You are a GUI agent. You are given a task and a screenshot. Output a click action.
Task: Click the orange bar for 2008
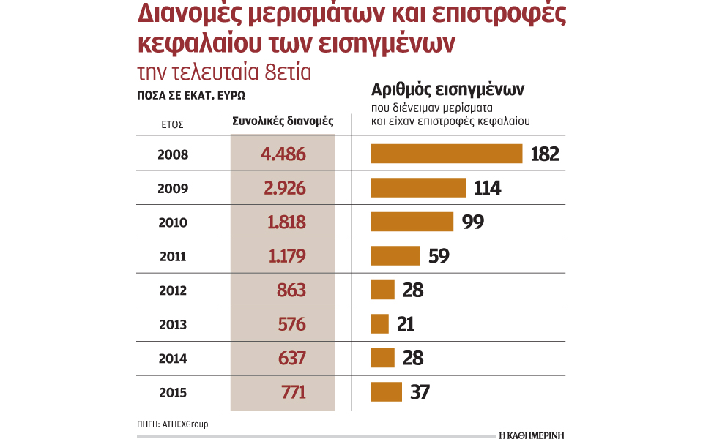tap(446, 154)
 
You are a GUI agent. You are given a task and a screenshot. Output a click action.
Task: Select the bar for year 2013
tap(379, 323)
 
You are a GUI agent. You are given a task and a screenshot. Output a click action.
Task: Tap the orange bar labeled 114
tap(418, 188)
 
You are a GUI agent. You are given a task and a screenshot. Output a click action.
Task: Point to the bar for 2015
tap(387, 392)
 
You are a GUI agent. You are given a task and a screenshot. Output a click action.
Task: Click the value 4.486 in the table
tap(283, 154)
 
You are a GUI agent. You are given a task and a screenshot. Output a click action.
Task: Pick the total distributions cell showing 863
tap(291, 290)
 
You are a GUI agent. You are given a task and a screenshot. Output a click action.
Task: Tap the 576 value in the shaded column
tap(291, 324)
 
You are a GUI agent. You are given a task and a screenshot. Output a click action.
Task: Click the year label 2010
tap(173, 222)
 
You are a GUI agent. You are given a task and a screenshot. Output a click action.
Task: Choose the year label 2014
tap(173, 359)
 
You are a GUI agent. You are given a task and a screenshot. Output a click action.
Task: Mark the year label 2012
tap(173, 290)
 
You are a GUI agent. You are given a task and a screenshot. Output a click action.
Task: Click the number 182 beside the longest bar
tap(544, 154)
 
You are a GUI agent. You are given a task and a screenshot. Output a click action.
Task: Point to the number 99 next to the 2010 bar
tap(473, 222)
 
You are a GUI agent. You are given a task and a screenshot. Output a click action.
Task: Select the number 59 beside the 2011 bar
tap(438, 256)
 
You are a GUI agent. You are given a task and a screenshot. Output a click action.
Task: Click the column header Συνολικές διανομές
tap(283, 121)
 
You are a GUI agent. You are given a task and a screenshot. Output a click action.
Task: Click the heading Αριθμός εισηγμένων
tap(448, 90)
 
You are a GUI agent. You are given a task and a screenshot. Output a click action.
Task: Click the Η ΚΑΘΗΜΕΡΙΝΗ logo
tap(531, 434)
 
